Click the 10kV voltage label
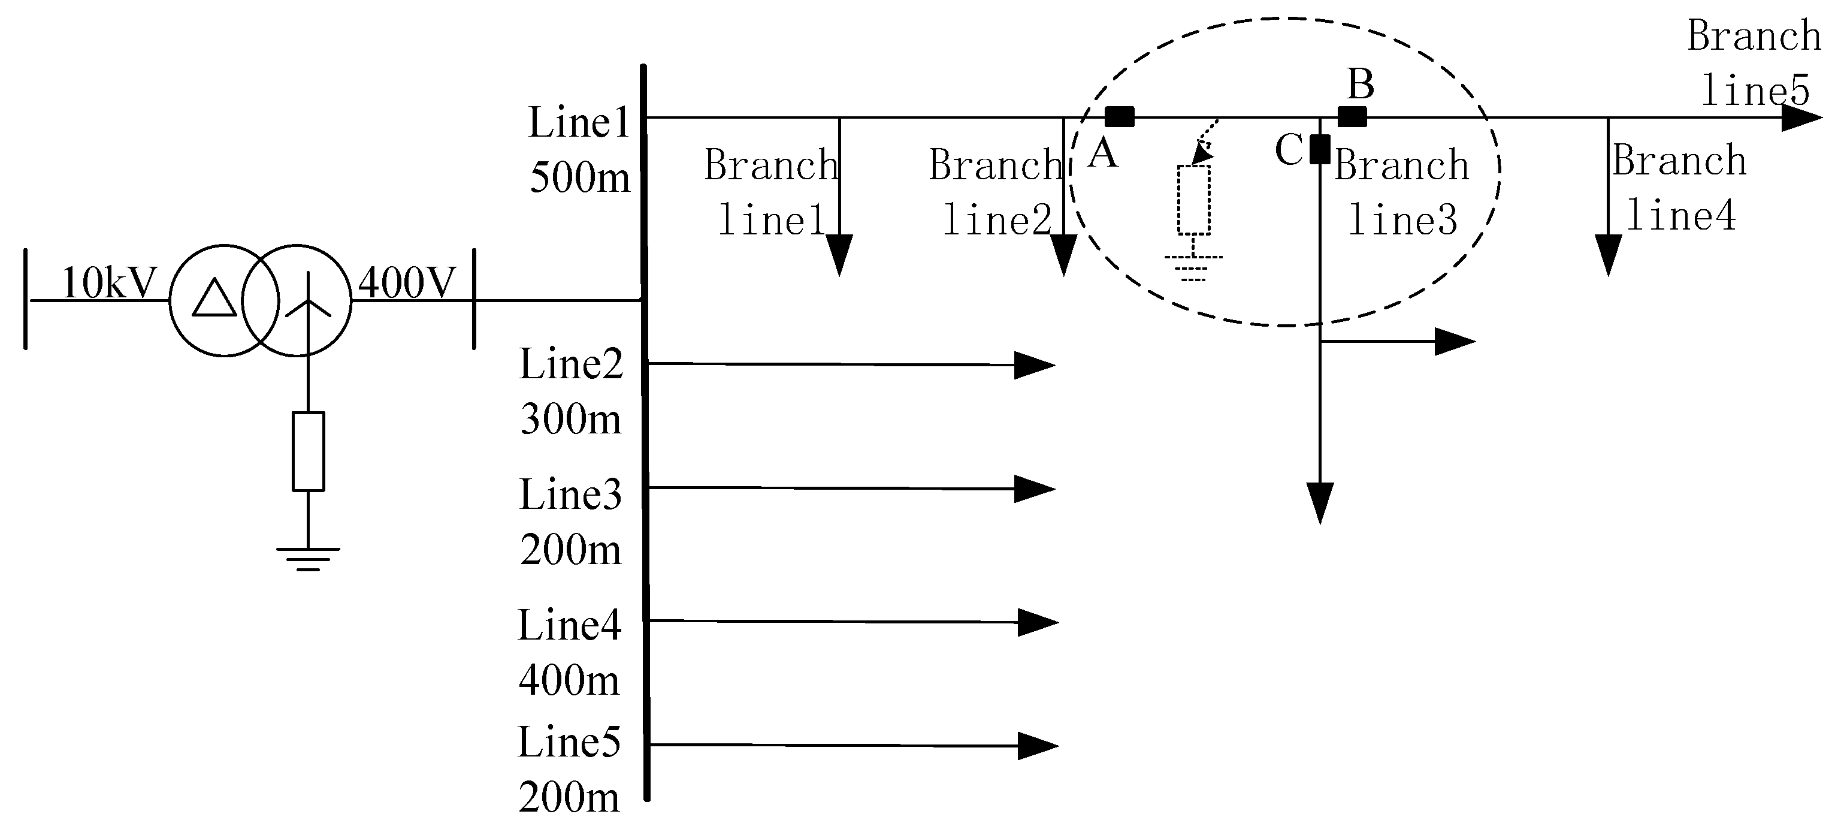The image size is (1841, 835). [108, 283]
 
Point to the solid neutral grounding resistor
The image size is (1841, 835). [308, 451]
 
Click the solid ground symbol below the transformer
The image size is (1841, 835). [308, 558]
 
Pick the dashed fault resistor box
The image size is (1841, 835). [1193, 200]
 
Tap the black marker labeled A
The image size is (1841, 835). [1119, 116]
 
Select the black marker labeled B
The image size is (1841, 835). [1352, 116]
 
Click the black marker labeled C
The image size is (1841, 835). [1320, 149]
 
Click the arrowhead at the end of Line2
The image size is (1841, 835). [1034, 365]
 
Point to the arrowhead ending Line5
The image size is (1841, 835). [1037, 746]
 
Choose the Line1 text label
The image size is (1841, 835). [579, 122]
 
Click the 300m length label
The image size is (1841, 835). [570, 419]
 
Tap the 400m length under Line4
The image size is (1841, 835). [569, 680]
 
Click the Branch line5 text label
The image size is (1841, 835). [1755, 63]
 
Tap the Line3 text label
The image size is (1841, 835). [570, 495]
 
